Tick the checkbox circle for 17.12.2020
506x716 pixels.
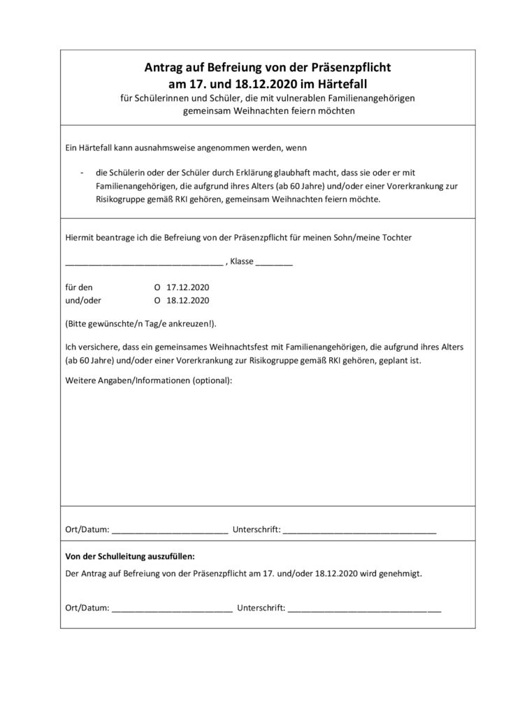click(157, 288)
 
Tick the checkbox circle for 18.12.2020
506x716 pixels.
click(157, 301)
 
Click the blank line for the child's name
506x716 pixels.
click(143, 264)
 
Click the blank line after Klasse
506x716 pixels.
click(274, 264)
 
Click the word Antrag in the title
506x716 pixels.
click(163, 69)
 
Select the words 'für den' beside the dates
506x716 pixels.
click(78, 288)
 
